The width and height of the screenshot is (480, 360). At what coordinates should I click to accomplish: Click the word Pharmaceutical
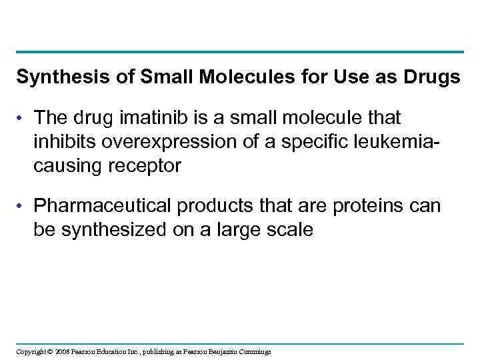point(103,206)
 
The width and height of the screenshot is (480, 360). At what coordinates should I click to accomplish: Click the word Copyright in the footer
point(31,351)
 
